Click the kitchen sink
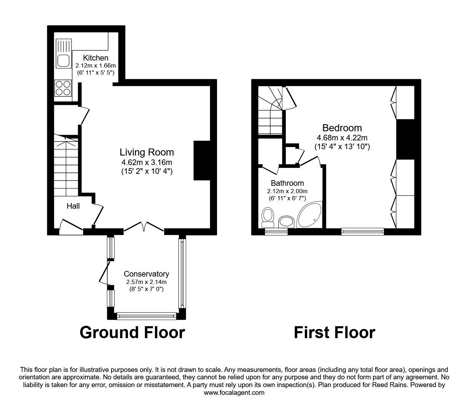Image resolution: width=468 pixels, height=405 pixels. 63,61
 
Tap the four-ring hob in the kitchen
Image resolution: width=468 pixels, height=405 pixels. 63,88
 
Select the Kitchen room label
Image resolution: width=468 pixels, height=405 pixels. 96,58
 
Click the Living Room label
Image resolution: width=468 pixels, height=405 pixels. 147,152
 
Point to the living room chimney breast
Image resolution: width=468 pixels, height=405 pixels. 202,161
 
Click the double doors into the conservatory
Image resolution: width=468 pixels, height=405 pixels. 144,227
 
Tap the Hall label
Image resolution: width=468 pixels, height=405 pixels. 73,206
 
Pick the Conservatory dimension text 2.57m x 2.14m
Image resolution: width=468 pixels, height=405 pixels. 146,282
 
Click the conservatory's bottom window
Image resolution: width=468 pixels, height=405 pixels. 146,316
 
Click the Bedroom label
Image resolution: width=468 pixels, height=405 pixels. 342,128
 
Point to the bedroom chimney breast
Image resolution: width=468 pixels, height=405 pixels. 405,140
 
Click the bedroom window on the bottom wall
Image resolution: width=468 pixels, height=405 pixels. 362,231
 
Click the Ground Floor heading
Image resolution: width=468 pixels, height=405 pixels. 132,332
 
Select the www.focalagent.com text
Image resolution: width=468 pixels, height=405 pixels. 234,393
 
